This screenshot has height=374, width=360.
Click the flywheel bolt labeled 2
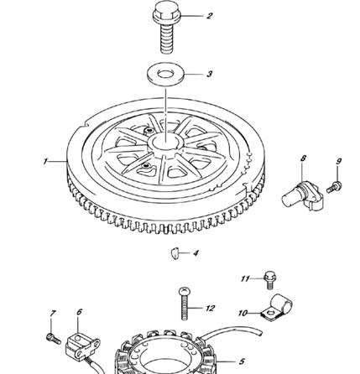coord(165,27)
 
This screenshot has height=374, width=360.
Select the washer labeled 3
coord(167,74)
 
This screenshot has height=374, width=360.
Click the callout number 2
coord(210,16)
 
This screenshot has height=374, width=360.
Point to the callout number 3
coord(210,74)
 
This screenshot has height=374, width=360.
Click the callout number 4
coord(196,252)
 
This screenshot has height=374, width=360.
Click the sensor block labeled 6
coord(80,343)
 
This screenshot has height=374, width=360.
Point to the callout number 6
coord(79,312)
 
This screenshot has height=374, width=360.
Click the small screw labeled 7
coord(52,336)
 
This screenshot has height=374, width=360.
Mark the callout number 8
coord(303,157)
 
